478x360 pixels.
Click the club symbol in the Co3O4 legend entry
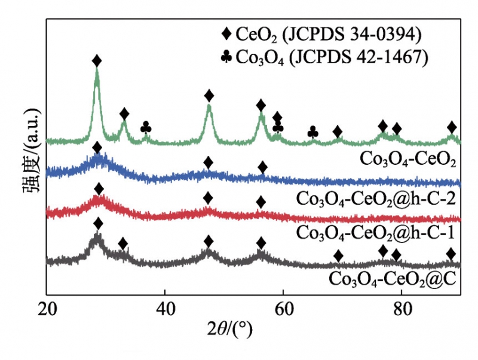pyautogui.click(x=226, y=57)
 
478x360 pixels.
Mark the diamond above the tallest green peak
pyautogui.click(x=97, y=61)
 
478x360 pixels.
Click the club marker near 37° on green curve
pyautogui.click(x=146, y=128)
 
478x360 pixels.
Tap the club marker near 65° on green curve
pyautogui.click(x=312, y=132)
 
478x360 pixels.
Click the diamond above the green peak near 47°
pyautogui.click(x=209, y=96)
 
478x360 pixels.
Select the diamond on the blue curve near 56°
pyautogui.click(x=262, y=167)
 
